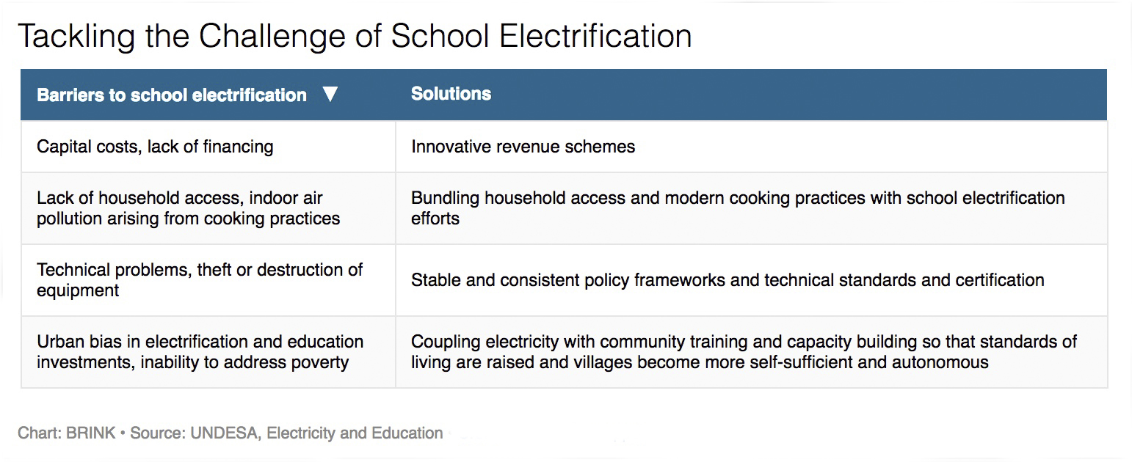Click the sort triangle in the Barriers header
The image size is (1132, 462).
click(x=330, y=94)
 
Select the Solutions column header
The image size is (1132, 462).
click(x=451, y=94)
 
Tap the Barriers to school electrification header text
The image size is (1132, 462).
click(x=172, y=95)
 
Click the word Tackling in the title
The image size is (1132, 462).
click(x=76, y=37)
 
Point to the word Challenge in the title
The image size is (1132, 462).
click(x=272, y=37)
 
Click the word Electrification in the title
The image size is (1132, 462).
click(x=595, y=37)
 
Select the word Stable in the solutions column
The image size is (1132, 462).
click(x=435, y=279)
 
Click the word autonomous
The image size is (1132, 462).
click(x=940, y=362)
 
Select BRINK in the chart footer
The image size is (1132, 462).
click(x=90, y=433)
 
